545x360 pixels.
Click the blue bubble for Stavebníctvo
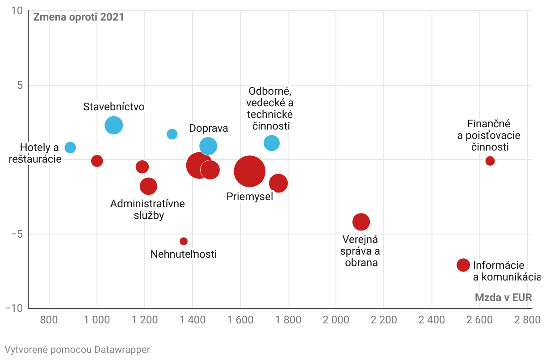click(114, 125)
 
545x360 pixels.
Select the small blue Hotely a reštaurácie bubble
click(70, 147)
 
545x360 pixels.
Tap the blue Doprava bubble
click(208, 146)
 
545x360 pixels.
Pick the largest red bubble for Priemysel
click(250, 171)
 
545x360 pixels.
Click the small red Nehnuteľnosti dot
click(184, 241)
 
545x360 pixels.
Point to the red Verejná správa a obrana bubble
click(361, 222)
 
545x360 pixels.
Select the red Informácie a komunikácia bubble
click(463, 265)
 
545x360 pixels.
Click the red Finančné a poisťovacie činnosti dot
click(490, 161)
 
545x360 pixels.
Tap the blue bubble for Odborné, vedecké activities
click(272, 143)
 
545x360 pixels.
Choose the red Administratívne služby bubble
click(148, 186)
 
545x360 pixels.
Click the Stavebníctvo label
click(114, 107)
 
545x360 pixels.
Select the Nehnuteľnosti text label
click(184, 255)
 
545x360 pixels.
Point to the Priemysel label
click(250, 197)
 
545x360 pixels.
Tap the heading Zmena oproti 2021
click(78, 17)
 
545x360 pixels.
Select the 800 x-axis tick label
click(49, 320)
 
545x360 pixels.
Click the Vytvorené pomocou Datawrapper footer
click(77, 349)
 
